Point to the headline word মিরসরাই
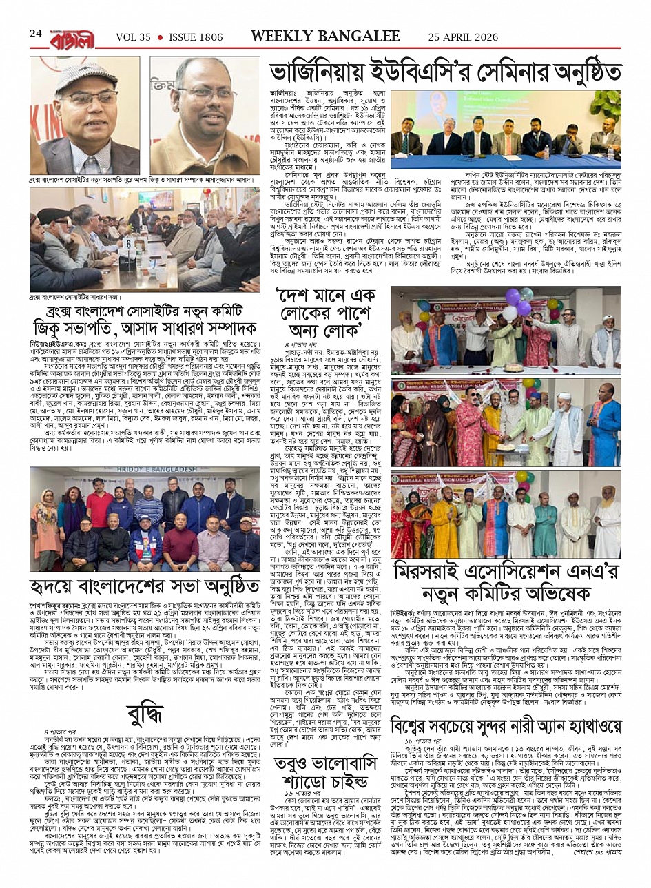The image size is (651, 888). coord(444,571)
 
